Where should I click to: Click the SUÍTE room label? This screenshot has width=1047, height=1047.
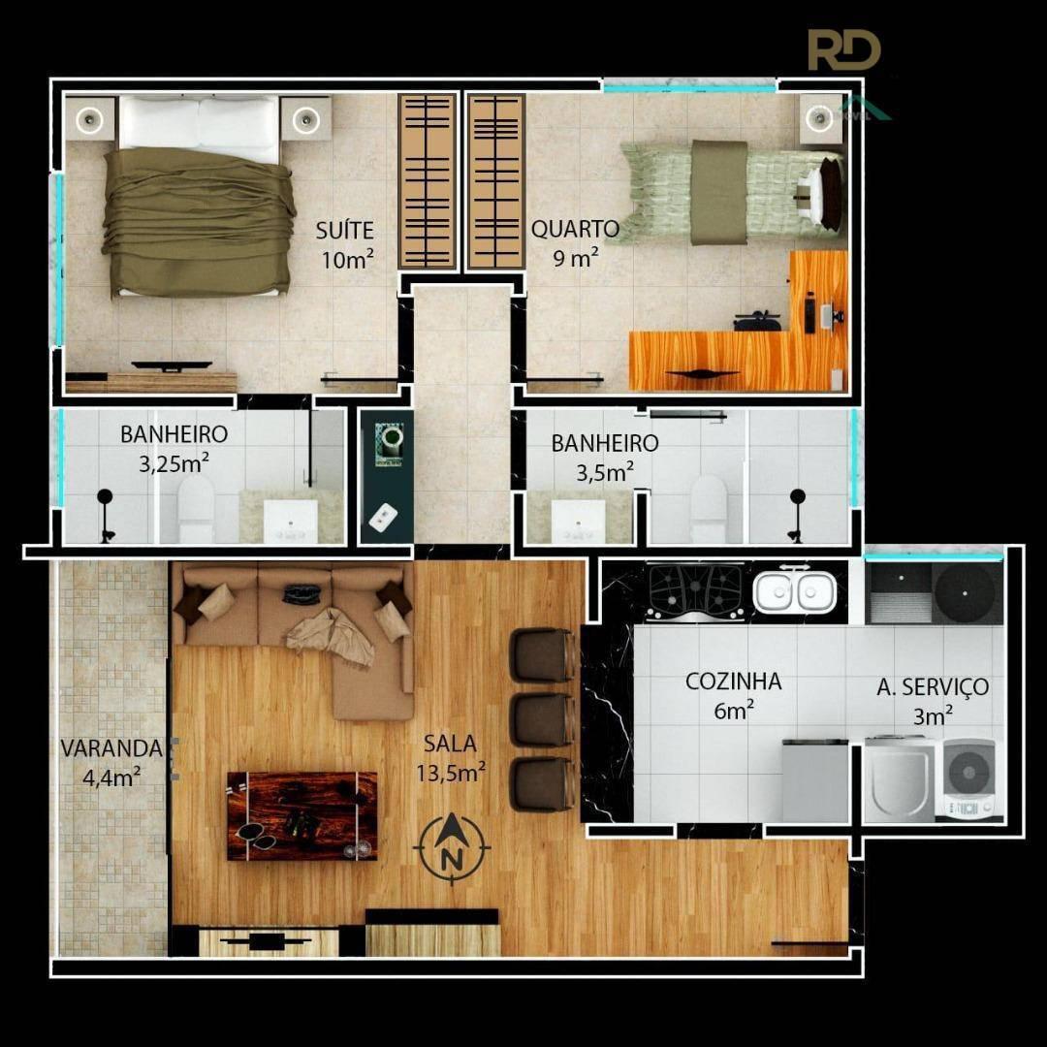click(344, 231)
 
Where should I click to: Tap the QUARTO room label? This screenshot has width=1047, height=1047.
click(575, 229)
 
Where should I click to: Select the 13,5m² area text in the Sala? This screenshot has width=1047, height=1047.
click(451, 773)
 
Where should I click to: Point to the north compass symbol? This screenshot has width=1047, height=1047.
click(452, 848)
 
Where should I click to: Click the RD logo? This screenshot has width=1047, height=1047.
click(844, 49)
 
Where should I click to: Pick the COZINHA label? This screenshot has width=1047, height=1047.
click(733, 682)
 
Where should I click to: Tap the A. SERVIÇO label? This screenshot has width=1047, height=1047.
click(933, 687)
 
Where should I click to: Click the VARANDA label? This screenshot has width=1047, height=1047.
click(111, 748)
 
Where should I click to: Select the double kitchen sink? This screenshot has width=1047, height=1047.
click(794, 591)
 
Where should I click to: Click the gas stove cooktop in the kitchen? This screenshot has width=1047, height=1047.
click(696, 591)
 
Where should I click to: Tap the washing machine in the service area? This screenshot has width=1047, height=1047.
click(968, 777)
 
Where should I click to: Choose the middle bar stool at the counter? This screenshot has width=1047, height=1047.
click(543, 719)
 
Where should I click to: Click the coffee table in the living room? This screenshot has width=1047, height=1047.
click(301, 816)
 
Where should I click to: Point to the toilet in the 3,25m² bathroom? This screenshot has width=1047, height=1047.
click(196, 508)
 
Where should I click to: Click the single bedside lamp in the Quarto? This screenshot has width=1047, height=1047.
click(820, 119)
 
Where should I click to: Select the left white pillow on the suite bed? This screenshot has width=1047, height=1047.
click(159, 123)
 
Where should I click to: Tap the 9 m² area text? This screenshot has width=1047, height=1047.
click(575, 258)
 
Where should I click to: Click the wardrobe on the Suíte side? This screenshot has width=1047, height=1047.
click(428, 181)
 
